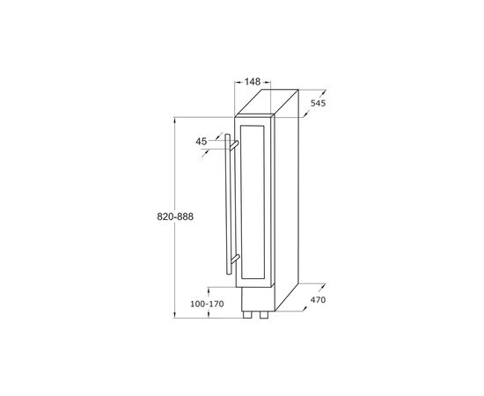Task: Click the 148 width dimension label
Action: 253,82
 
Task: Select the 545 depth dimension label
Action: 318,103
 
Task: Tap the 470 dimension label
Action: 318,300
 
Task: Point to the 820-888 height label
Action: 175,216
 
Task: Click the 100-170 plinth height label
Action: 207,304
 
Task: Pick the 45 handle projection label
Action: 202,142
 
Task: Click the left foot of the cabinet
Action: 247,314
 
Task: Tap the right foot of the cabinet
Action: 264,314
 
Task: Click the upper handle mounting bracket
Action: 234,145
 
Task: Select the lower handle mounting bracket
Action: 235,260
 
